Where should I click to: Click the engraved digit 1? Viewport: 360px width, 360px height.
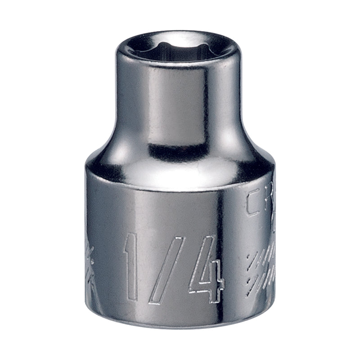134,266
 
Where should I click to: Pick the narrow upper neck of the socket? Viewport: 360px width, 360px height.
180,99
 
